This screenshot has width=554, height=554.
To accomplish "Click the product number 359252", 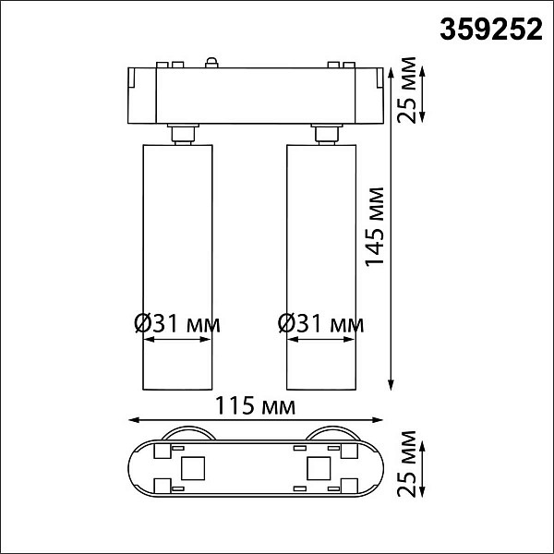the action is pos(491,30).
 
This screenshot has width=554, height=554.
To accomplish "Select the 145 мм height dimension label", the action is pos(375,227).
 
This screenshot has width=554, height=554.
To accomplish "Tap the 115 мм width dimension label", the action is pos(255,405).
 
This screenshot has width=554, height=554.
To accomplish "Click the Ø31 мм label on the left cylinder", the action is pos(177,324).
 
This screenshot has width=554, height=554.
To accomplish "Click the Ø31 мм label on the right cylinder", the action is pos(320,324).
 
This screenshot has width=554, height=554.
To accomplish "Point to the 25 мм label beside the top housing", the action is pos(406,90).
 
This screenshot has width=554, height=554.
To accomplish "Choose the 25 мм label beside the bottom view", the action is pos(406,464).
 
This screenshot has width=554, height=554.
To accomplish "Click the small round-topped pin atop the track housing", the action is pos(211,62).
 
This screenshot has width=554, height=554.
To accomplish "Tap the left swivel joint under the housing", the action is pos(184,134).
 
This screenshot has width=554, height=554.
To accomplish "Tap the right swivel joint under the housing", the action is pos(327,134).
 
